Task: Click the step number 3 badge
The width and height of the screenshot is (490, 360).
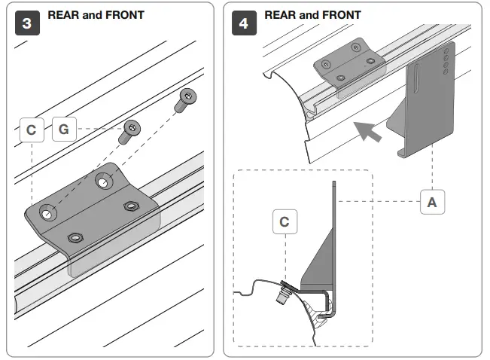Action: [28, 23]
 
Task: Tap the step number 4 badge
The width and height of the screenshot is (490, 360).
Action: [244, 23]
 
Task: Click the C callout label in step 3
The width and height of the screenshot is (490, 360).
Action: [31, 130]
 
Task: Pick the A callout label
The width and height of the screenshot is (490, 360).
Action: [431, 202]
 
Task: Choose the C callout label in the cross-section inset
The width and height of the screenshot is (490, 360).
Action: [284, 222]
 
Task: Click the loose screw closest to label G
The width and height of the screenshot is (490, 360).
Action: [131, 131]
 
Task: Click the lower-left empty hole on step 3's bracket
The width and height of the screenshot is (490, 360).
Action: [47, 215]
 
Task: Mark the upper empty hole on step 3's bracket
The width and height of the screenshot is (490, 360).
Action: [103, 181]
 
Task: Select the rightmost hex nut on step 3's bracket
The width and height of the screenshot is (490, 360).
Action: [131, 206]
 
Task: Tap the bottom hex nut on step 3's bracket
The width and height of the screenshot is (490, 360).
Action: [74, 238]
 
